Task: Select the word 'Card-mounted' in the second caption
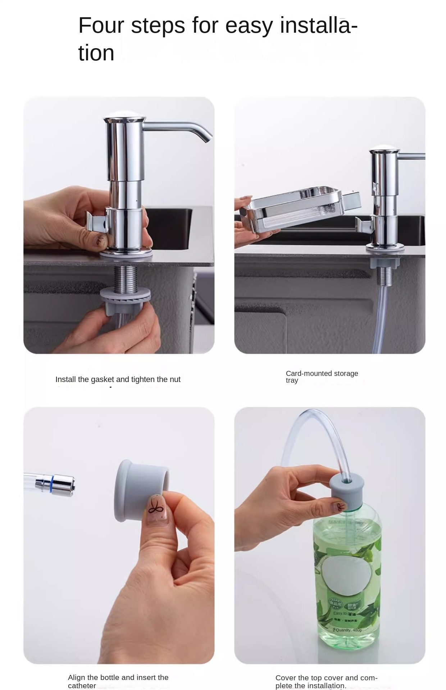pos(306,373)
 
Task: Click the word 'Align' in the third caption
pos(77,677)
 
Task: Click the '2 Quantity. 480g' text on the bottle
pos(347,630)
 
